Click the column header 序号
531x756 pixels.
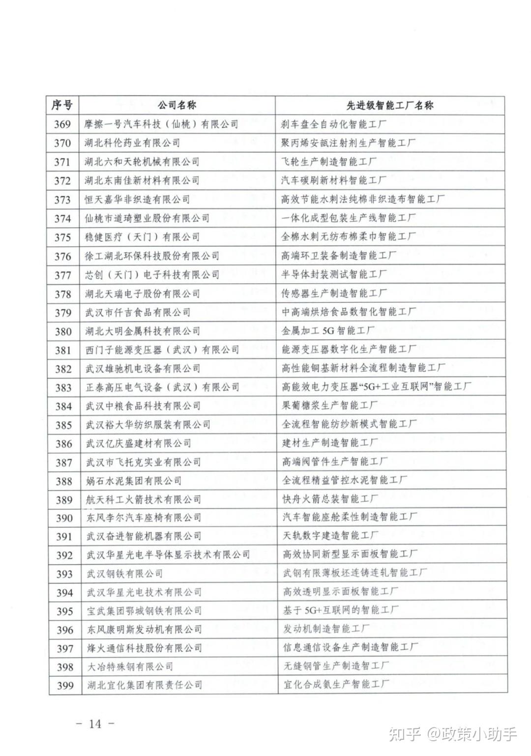(62, 105)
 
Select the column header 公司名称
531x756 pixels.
(177, 105)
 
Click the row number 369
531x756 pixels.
(62, 124)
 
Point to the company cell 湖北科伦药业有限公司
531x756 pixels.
(132, 143)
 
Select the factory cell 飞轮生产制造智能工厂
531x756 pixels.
(329, 162)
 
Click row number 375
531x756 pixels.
(63, 237)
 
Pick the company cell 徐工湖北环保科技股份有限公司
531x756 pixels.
(152, 256)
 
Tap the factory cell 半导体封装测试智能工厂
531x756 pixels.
(334, 274)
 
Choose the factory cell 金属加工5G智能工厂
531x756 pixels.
(328, 331)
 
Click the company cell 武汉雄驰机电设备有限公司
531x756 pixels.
(143, 369)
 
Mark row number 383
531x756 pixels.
(63, 388)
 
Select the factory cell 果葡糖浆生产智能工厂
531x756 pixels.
(329, 406)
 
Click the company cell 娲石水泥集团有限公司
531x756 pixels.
(134, 481)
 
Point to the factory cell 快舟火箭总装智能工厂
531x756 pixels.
(330, 499)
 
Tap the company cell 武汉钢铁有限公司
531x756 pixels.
(124, 574)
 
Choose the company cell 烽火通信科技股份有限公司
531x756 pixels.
(145, 648)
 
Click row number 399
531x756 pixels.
(65, 686)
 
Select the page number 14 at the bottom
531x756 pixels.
(95, 724)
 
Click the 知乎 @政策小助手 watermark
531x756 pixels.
(452, 734)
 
